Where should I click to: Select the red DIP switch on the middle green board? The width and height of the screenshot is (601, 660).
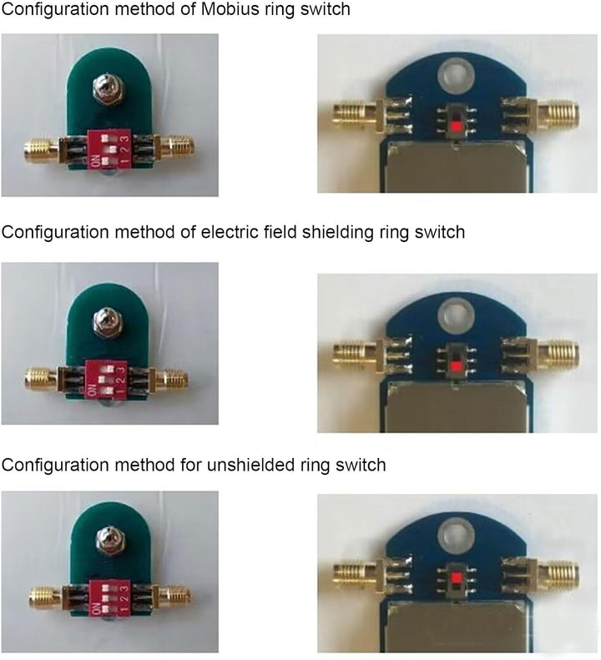click(x=106, y=380)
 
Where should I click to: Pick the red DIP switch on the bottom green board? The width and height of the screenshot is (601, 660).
click(x=110, y=597)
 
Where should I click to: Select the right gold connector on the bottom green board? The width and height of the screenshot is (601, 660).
click(x=173, y=596)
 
